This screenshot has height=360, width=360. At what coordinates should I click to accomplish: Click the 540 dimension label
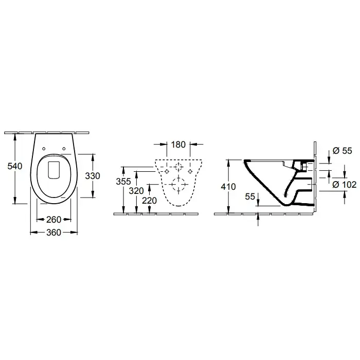click(15, 166)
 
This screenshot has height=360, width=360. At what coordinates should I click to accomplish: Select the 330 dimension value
click(93, 176)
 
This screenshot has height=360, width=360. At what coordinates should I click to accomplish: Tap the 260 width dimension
click(53, 220)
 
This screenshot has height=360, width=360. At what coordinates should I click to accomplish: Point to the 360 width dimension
click(53, 232)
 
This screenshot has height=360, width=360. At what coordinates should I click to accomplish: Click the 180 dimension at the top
click(178, 145)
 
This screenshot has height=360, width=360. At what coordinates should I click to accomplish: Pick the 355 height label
click(123, 182)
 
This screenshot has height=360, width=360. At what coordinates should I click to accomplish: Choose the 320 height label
click(136, 191)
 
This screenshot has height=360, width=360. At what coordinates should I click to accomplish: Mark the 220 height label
click(149, 201)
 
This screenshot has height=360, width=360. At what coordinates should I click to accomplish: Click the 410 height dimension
click(228, 187)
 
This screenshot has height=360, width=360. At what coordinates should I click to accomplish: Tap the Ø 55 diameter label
click(343, 151)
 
